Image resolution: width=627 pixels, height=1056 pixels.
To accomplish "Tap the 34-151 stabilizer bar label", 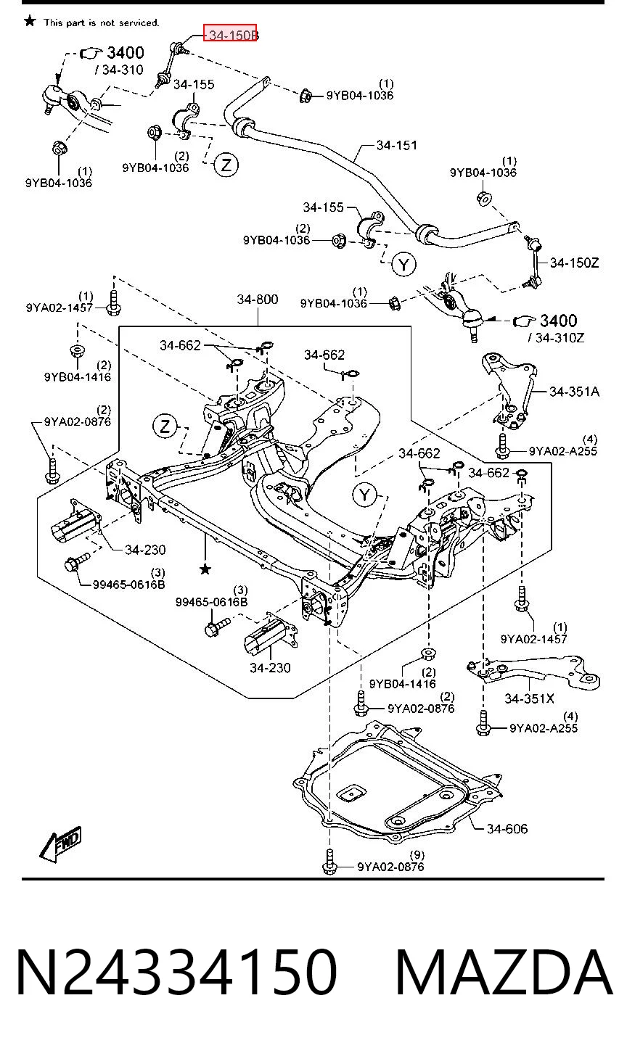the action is (397, 145).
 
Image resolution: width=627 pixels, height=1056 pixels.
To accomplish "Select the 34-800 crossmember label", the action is (257, 300).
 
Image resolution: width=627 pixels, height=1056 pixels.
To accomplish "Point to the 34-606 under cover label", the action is (507, 828).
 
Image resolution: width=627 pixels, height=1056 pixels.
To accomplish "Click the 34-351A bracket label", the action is (574, 392).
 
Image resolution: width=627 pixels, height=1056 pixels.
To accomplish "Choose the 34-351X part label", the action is (529, 698).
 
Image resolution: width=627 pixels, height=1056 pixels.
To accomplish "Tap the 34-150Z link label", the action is (574, 263).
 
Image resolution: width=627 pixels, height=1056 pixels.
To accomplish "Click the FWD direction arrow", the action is (61, 844).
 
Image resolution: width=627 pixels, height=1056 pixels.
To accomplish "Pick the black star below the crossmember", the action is (205, 569).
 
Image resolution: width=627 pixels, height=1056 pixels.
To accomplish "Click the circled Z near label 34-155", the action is (226, 165).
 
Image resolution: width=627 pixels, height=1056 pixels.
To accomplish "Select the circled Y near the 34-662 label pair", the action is (365, 495).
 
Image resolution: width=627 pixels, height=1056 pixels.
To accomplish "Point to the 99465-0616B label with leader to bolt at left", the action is (128, 585).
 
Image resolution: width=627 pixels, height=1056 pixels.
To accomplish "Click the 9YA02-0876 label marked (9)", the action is (390, 867).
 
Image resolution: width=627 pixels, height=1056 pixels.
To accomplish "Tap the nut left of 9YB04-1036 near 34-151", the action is (306, 96).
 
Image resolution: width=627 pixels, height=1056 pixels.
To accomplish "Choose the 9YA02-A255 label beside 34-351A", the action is (563, 451).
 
